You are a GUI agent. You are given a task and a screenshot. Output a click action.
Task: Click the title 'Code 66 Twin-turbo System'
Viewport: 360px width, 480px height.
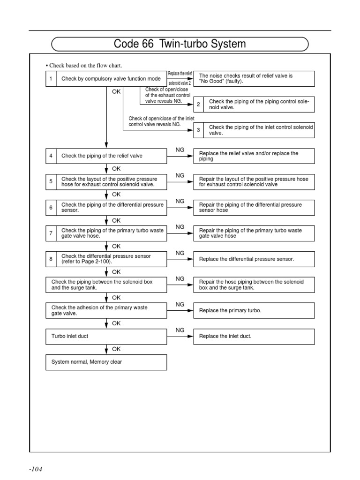pos(180,44)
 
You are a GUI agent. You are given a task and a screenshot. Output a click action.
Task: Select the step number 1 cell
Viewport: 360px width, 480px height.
pos(51,79)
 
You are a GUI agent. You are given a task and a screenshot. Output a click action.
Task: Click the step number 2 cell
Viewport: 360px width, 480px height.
pos(198,104)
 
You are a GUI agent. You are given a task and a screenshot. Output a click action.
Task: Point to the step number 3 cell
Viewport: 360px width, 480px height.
pos(198,130)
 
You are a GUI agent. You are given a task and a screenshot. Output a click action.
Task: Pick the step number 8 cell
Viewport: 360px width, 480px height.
pos(51,259)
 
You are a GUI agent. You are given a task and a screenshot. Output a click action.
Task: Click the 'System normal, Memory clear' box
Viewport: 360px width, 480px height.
pos(106,362)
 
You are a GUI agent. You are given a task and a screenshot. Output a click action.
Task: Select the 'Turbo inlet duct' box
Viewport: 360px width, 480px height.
pos(106,336)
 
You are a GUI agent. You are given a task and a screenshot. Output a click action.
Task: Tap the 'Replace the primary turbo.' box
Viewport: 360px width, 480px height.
pos(261,310)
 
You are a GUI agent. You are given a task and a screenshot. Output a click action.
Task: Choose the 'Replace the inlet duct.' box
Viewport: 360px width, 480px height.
pos(261,336)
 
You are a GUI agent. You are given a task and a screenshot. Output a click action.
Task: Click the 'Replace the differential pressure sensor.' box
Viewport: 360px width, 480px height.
pos(261,259)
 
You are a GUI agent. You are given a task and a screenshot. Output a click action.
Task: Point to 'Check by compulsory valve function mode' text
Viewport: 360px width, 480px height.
pos(111,79)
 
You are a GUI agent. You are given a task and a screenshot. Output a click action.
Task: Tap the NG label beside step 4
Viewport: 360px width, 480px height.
pos(180,150)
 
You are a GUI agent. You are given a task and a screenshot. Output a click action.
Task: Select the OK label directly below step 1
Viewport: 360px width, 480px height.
pos(116,92)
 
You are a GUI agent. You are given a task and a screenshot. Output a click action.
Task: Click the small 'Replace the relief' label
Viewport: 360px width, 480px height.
pos(180,74)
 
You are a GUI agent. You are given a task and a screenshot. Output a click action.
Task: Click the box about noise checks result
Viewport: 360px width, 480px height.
pos(261,78)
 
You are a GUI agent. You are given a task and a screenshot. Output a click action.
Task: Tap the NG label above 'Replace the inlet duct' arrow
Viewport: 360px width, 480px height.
pos(180,330)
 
